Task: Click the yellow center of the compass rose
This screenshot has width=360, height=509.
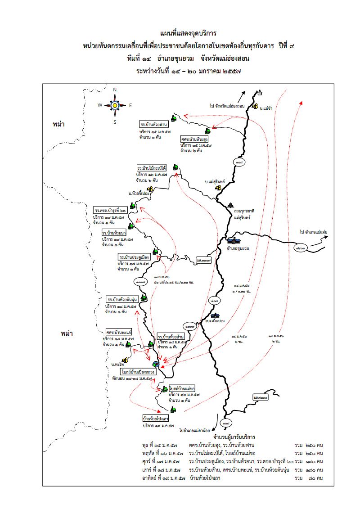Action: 115,105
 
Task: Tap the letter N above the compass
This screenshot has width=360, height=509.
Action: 115,90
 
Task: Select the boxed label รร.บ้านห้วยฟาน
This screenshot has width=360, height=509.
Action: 154,124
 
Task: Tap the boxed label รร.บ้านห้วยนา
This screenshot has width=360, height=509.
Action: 114,233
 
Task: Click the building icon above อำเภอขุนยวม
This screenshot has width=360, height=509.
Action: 234,240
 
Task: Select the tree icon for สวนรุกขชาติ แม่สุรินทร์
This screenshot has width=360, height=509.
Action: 231,204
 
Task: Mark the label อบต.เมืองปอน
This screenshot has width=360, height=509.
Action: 215,321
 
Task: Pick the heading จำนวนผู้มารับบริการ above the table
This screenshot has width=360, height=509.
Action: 233,437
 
